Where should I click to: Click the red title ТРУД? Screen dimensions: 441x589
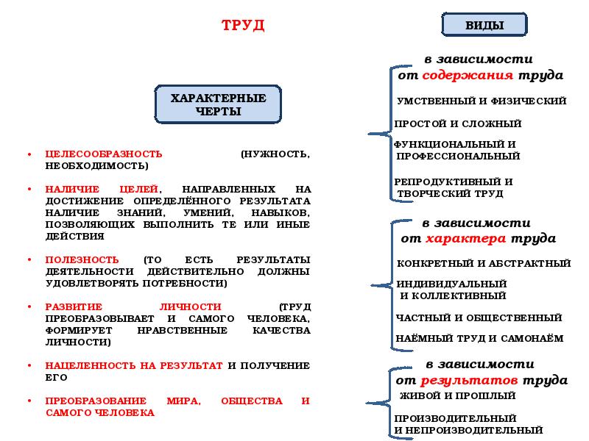coord(243,26)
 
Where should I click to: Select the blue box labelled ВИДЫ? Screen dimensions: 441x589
coord(484,25)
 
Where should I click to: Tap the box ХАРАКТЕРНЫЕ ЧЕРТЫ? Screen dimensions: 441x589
coord(218,104)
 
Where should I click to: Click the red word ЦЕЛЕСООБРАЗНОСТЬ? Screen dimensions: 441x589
coord(104,154)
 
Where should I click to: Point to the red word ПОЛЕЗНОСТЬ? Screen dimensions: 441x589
coord(82,259)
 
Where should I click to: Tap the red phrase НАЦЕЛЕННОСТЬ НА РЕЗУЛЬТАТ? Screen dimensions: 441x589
coord(134,365)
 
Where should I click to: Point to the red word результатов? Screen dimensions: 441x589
coord(470,380)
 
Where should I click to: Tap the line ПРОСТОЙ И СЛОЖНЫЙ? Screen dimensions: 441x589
coord(458,123)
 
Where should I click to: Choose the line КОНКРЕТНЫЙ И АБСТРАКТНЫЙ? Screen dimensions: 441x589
coord(483,263)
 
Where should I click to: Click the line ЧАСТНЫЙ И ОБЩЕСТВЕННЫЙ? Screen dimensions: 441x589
coord(479,318)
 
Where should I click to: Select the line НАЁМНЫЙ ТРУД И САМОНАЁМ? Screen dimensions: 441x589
coord(479,339)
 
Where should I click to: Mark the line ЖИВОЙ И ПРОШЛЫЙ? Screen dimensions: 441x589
coord(456,395)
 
